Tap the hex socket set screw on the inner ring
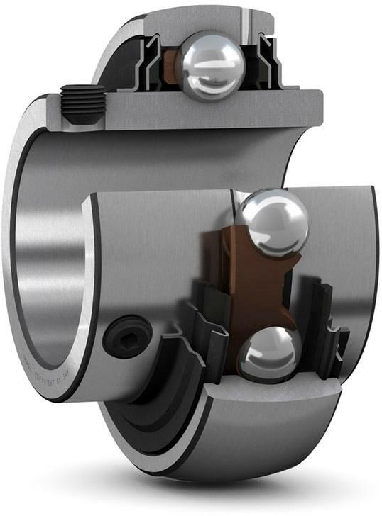127,337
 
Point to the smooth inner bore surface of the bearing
50,248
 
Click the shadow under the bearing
213,496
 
